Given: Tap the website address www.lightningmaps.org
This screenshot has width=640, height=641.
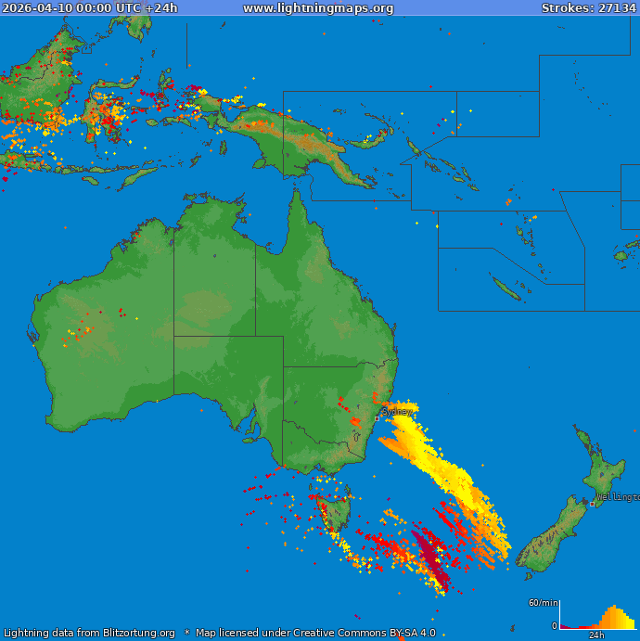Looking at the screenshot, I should [x=318, y=8].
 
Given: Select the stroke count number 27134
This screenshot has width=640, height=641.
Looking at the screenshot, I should [x=617, y=8].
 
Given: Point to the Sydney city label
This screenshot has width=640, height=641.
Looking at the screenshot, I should [x=397, y=411].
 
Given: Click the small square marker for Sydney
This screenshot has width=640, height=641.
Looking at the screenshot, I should [x=376, y=418].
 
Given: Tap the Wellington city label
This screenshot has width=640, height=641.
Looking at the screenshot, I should [x=617, y=497].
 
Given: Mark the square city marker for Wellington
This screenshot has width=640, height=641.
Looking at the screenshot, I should [x=592, y=504].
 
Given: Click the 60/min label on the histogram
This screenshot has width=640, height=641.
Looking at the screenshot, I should [x=543, y=603].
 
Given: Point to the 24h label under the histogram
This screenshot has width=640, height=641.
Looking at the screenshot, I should [x=597, y=635].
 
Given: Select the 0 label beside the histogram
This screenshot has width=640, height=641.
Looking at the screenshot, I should [x=554, y=626].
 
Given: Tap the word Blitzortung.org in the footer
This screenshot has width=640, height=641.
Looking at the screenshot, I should [x=139, y=633].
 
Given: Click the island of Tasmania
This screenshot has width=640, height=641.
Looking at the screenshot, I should [x=332, y=514].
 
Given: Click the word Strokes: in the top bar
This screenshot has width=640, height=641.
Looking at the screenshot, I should [x=568, y=8].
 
